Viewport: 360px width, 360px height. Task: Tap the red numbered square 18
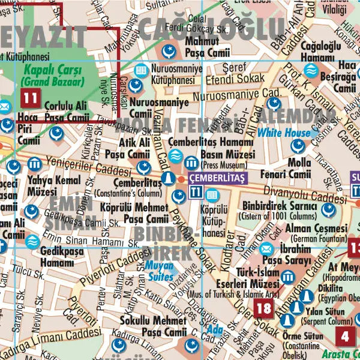click(x=263, y=308)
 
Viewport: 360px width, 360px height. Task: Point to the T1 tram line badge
click(x=195, y=193)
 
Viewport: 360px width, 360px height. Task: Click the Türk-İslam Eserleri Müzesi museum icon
click(x=287, y=277)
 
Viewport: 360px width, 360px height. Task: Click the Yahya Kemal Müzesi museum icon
click(x=34, y=164)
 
